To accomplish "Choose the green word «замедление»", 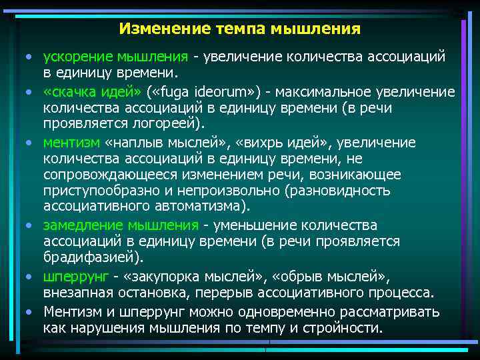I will tap(80, 225).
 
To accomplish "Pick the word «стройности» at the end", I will tap(344, 328).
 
